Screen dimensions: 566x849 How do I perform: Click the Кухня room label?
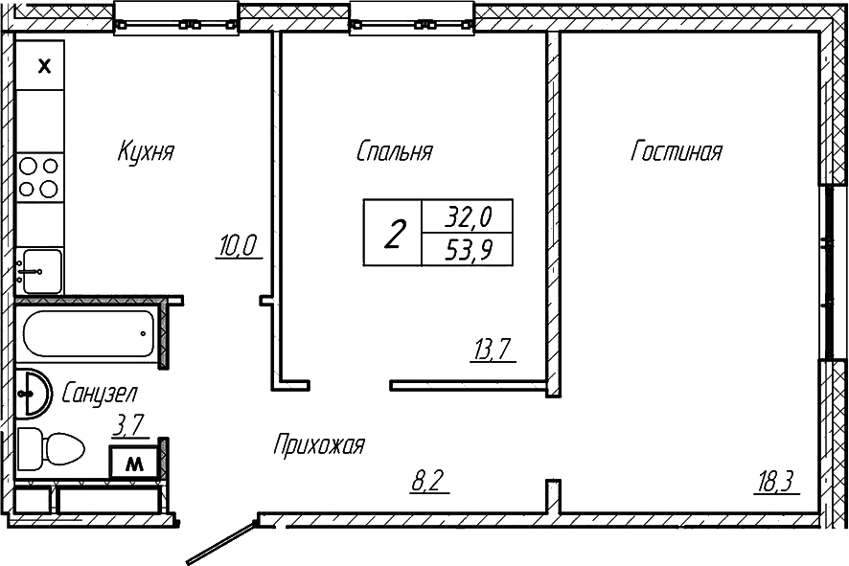click(146, 151)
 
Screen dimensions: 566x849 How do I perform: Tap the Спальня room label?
click(394, 151)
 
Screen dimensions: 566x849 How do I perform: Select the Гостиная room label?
click(676, 151)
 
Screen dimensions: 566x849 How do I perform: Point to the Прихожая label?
click(318, 445)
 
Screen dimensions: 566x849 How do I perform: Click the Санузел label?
click(100, 393)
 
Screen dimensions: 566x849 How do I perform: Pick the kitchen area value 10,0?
click(238, 246)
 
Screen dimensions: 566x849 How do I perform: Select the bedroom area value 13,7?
click(493, 350)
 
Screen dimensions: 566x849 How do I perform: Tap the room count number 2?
click(393, 233)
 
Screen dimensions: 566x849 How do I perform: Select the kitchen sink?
click(41, 267)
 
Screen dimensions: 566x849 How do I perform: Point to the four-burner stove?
click(39, 177)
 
